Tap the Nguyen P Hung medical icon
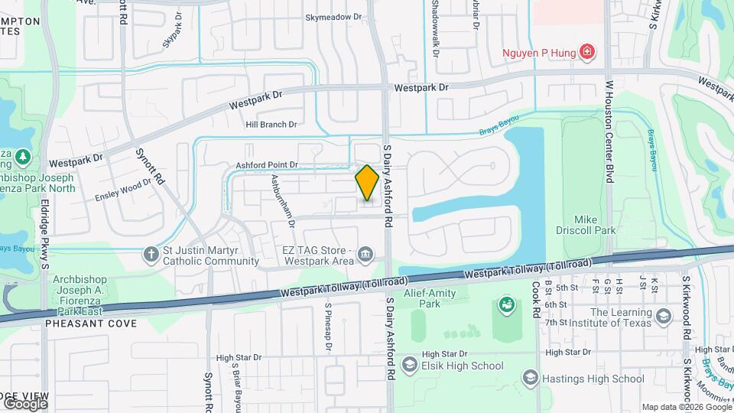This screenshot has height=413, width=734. tap(587, 52)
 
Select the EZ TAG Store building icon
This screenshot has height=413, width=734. tap(366, 254)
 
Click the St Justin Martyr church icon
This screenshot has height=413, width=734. tap(150, 253)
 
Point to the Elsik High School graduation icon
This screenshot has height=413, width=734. tap(409, 366)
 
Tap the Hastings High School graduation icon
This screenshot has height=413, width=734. tap(530, 378)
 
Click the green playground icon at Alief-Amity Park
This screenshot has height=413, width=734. tap(505, 306)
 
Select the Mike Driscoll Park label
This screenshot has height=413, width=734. tap(585, 223)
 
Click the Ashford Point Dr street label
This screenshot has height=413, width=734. tap(266, 164)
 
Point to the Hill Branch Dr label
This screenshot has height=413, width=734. tap(271, 125)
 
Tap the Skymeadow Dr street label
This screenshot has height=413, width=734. tap(333, 17)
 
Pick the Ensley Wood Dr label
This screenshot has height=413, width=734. tap(123, 190)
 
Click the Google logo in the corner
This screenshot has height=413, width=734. tap(25, 403)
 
